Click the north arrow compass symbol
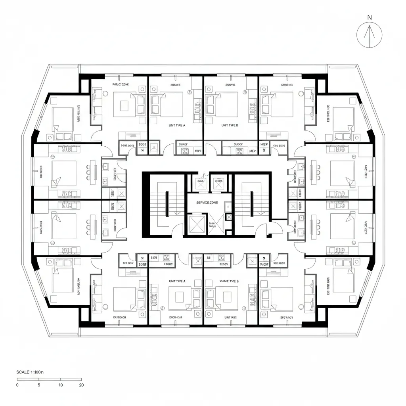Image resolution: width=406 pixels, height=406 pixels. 370,34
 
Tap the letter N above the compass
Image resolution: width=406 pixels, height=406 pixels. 370,17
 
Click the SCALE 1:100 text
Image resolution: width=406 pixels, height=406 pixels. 30,372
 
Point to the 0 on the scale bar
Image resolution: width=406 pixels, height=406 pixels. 17,385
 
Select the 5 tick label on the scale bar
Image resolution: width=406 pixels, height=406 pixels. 38,385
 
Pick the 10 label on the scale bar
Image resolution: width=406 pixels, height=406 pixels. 60,385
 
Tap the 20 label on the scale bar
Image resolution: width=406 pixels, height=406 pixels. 81,385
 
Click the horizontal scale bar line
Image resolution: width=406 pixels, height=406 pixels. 49,379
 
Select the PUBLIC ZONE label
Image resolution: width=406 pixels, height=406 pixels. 121,84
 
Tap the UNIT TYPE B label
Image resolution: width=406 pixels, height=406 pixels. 230,125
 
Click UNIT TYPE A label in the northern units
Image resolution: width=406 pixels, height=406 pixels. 177,125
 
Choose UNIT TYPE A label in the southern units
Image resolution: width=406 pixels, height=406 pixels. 177,281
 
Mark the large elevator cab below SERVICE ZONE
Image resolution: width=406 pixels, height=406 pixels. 197,224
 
